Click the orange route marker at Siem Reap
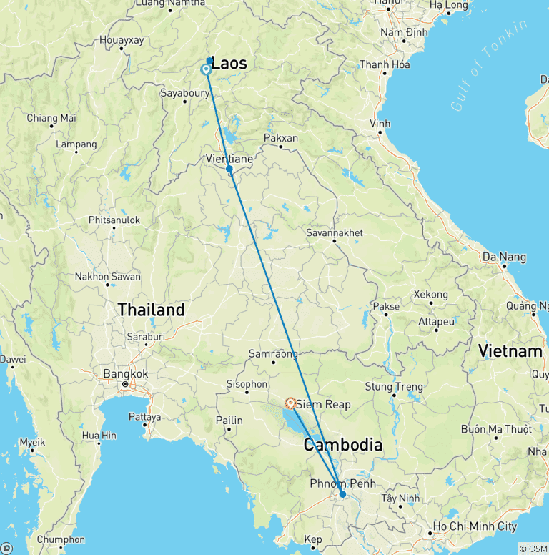[x=291, y=403]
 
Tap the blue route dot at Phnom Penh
[x=342, y=494]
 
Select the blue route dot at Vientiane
[x=229, y=169]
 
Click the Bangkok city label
[x=125, y=373]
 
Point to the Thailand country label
[x=151, y=310]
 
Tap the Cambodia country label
[x=342, y=445]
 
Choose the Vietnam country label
[x=510, y=351]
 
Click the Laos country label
[x=229, y=64]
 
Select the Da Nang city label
[x=504, y=257]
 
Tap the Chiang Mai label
[x=51, y=118]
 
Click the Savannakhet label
[x=334, y=232]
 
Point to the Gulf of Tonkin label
[x=490, y=65]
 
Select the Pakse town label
[x=386, y=306]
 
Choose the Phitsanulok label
[x=114, y=220]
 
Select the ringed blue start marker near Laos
[x=206, y=69]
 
